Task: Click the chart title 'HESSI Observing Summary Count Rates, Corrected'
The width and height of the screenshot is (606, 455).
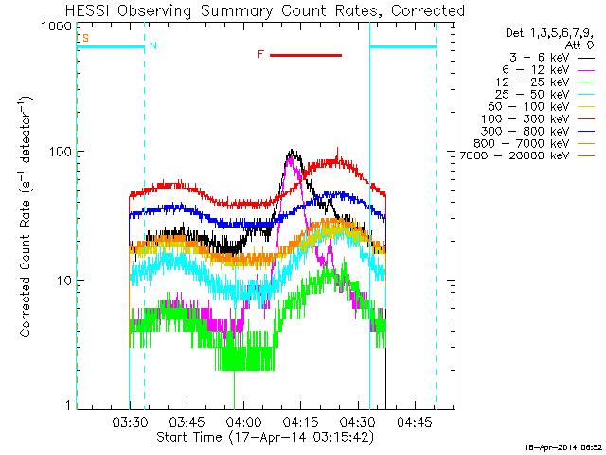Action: (x=265, y=11)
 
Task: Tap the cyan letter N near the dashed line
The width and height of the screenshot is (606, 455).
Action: (x=153, y=45)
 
